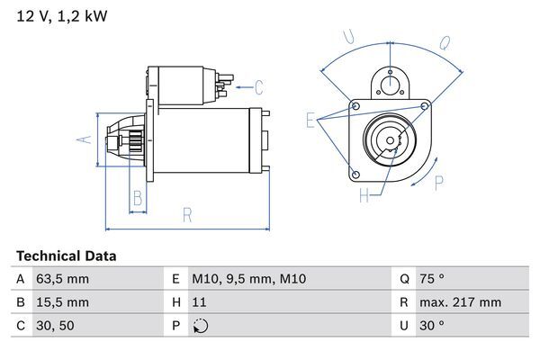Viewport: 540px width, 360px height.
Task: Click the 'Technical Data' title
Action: pyautogui.click(x=67, y=256)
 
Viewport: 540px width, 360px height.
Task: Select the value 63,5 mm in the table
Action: pyautogui.click(x=64, y=279)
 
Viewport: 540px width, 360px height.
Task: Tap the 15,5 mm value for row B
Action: pyautogui.click(x=64, y=302)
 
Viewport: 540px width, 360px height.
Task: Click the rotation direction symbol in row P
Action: pyautogui.click(x=202, y=326)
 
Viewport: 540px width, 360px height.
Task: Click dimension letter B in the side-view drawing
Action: pyautogui.click(x=138, y=198)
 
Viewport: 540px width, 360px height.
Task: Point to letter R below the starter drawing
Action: pyautogui.click(x=186, y=214)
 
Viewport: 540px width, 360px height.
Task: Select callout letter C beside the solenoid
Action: pyautogui.click(x=258, y=87)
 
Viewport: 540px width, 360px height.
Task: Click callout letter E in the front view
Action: pyautogui.click(x=310, y=120)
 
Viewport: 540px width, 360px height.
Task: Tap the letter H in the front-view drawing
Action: pyautogui.click(x=364, y=194)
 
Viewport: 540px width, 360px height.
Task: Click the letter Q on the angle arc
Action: pyautogui.click(x=444, y=40)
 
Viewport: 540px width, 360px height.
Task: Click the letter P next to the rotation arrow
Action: pyautogui.click(x=439, y=184)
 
